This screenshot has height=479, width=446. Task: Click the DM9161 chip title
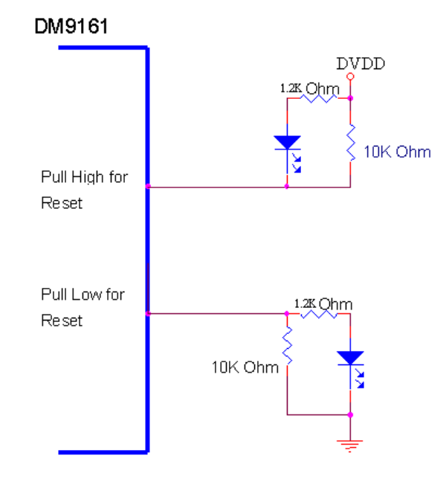73,28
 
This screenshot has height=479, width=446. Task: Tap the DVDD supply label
361,64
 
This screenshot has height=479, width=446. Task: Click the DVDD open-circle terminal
350,77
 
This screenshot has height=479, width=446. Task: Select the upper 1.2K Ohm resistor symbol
319,97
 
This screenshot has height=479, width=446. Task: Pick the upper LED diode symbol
288,142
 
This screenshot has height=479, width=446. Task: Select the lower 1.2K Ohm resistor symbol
318,314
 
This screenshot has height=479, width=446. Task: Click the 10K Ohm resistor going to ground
288,348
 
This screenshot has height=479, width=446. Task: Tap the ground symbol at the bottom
350,445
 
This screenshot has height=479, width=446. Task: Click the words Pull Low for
83,295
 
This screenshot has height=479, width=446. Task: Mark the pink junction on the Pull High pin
149,186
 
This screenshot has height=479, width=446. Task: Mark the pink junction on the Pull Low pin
149,314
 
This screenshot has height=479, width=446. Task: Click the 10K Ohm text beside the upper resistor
397,152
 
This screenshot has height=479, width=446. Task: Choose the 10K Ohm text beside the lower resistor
245,367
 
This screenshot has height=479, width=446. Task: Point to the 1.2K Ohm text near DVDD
309,89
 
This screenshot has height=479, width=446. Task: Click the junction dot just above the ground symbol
350,416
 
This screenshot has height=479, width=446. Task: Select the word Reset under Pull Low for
62,321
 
